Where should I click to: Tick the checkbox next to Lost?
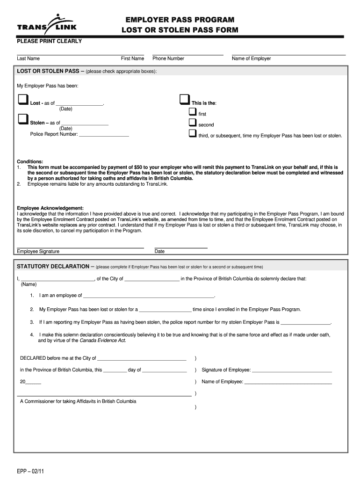pos(23,100)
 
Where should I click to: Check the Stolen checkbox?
pos(23,119)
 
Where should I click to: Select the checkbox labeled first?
pos(192,112)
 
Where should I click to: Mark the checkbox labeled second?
pos(192,123)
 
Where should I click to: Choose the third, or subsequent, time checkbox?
pos(192,133)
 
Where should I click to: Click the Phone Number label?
pos(168,58)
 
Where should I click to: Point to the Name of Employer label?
pos(251,58)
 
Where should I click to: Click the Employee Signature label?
pos(38,251)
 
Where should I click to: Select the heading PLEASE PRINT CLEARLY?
pos(50,41)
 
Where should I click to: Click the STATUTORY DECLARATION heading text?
pos(53,266)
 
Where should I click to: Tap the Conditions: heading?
pos(30,161)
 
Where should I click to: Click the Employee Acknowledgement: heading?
pos(50,208)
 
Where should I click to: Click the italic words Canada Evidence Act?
pos(103,341)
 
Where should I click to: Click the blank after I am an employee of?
pos(148,296)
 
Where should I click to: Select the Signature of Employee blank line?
pos(292,370)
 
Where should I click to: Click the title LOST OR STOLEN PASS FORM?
pos(180,30)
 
